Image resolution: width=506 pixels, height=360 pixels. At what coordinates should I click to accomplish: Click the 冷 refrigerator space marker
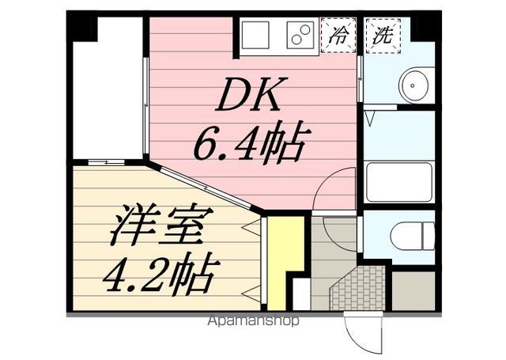[340, 36]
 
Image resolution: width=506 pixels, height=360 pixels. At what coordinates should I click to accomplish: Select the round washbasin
[416, 85]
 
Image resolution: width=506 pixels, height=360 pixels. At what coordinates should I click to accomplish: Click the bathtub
[400, 183]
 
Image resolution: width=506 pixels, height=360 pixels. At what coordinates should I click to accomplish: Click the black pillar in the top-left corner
[80, 26]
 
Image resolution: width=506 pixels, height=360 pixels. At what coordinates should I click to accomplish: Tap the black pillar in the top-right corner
[426, 26]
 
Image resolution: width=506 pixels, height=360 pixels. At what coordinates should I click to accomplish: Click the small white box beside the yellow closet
[301, 293]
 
